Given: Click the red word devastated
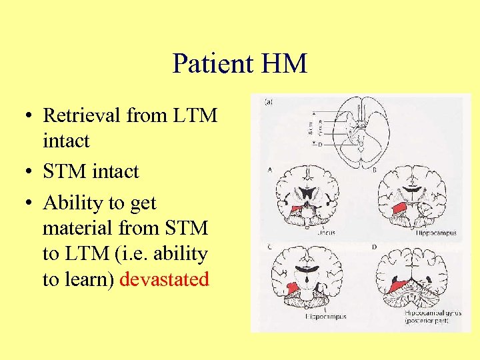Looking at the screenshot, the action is pos(165,279).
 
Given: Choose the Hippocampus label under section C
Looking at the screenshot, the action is pos(327,316).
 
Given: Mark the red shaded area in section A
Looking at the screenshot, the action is pos(297,209).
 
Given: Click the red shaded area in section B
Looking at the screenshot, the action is pos(398,209).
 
